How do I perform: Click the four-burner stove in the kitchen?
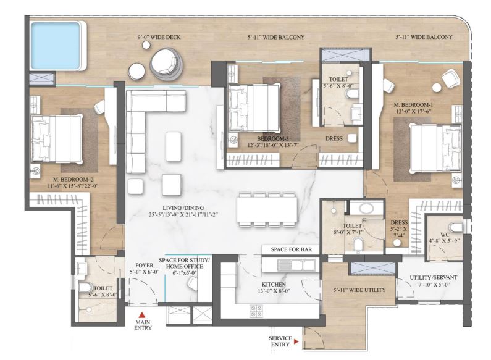pos(254,311)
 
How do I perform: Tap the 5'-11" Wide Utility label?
pos(359,289)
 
